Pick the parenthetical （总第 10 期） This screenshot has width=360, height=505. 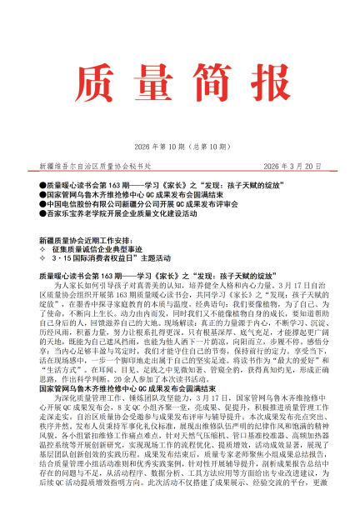pyautogui.click(x=203, y=123)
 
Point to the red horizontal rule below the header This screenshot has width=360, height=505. pyautogui.click(x=180, y=150)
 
